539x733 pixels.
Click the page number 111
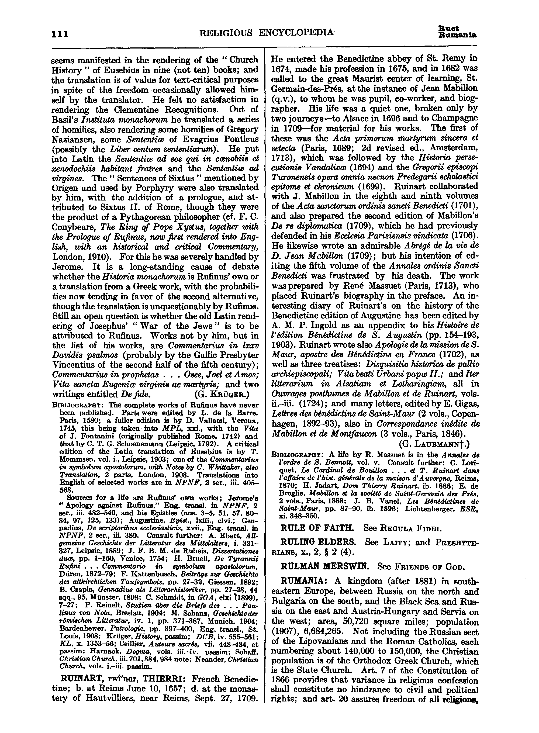point(60,34)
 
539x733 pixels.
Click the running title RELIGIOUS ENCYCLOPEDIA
point(267,33)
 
